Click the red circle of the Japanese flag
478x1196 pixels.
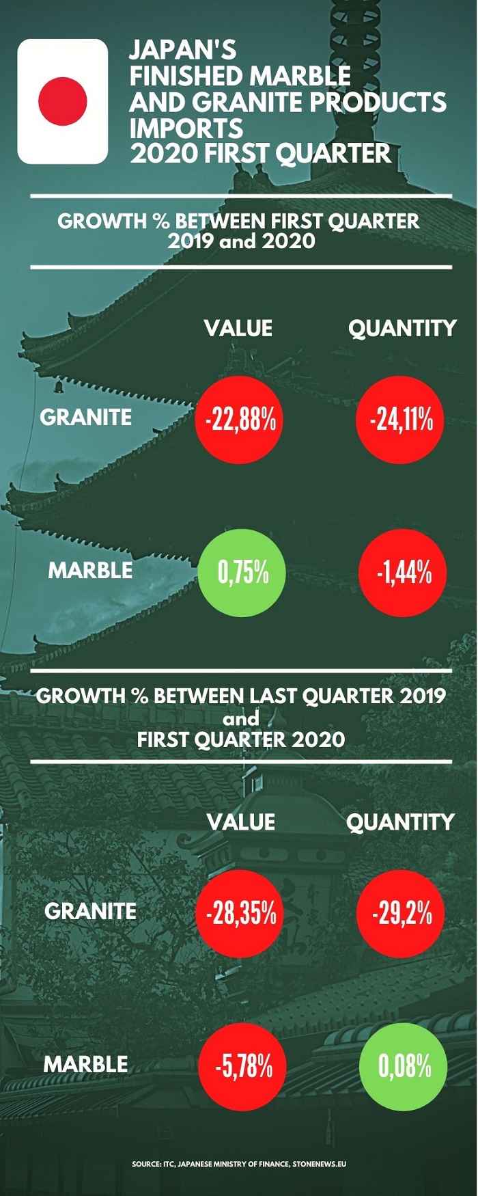coord(63,101)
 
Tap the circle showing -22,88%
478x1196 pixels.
coord(239,420)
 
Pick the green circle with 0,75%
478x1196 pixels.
coord(242,573)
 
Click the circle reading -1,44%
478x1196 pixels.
coord(403,573)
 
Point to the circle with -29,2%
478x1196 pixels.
coord(400,913)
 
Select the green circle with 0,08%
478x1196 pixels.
coord(403,1066)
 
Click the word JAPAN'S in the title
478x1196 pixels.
coord(183,50)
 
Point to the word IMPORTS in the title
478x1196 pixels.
coord(186,128)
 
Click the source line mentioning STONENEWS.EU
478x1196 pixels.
coord(239,1163)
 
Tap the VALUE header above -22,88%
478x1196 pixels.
coord(238,329)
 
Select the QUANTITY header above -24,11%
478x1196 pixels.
coord(402,329)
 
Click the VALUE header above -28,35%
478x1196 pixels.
coord(241,822)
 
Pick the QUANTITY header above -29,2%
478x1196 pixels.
coord(400,822)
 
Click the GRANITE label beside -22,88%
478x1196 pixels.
coord(86,417)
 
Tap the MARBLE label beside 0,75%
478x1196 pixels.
coord(90,570)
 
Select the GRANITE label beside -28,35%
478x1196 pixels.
coord(90,911)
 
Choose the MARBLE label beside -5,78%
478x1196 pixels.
coord(86,1064)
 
